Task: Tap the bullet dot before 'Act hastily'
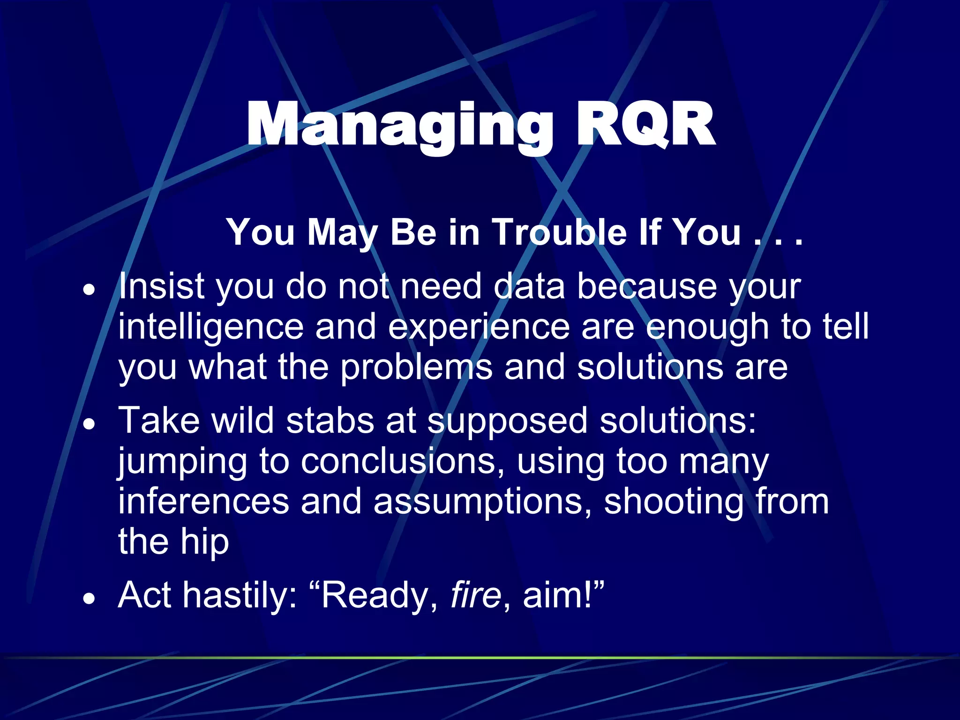click(x=89, y=599)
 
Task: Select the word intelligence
click(x=211, y=327)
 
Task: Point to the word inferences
click(x=203, y=502)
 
